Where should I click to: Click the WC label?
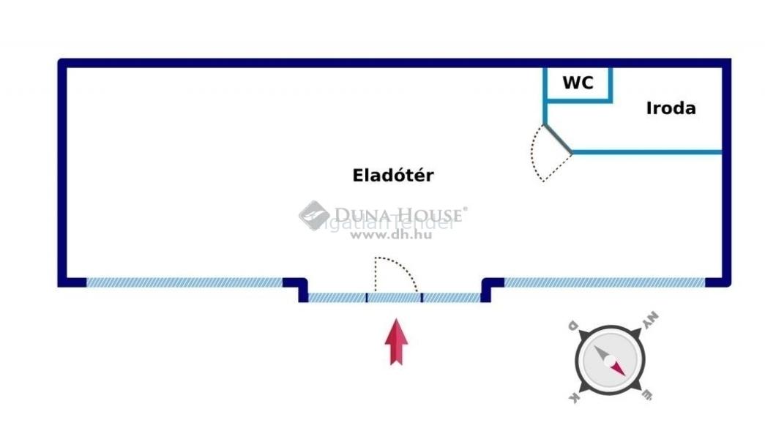(x=578, y=83)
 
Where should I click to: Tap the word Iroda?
(x=671, y=109)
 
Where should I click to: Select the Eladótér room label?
(x=393, y=176)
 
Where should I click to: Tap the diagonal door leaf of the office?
(x=558, y=138)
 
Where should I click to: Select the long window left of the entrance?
(x=184, y=282)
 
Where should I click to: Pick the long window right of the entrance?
(x=605, y=282)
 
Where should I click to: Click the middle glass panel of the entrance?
(x=394, y=298)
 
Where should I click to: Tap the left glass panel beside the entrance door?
(x=337, y=298)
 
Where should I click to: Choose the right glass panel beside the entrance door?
(x=451, y=298)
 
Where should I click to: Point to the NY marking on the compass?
(x=650, y=320)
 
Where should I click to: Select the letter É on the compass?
(x=647, y=396)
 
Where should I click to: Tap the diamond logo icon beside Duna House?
(x=314, y=216)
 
